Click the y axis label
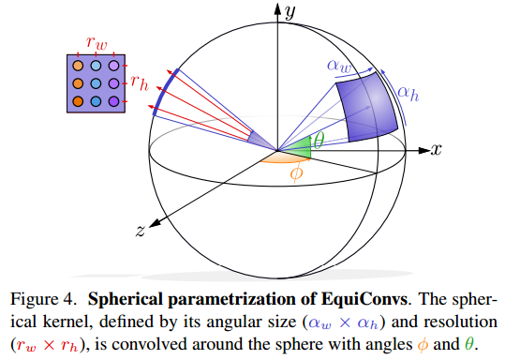(291, 12)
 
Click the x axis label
(436, 150)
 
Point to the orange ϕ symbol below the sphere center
(297, 175)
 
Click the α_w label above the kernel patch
(339, 66)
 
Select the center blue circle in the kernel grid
(97, 82)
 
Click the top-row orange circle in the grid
(80, 67)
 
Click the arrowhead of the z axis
(152, 222)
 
